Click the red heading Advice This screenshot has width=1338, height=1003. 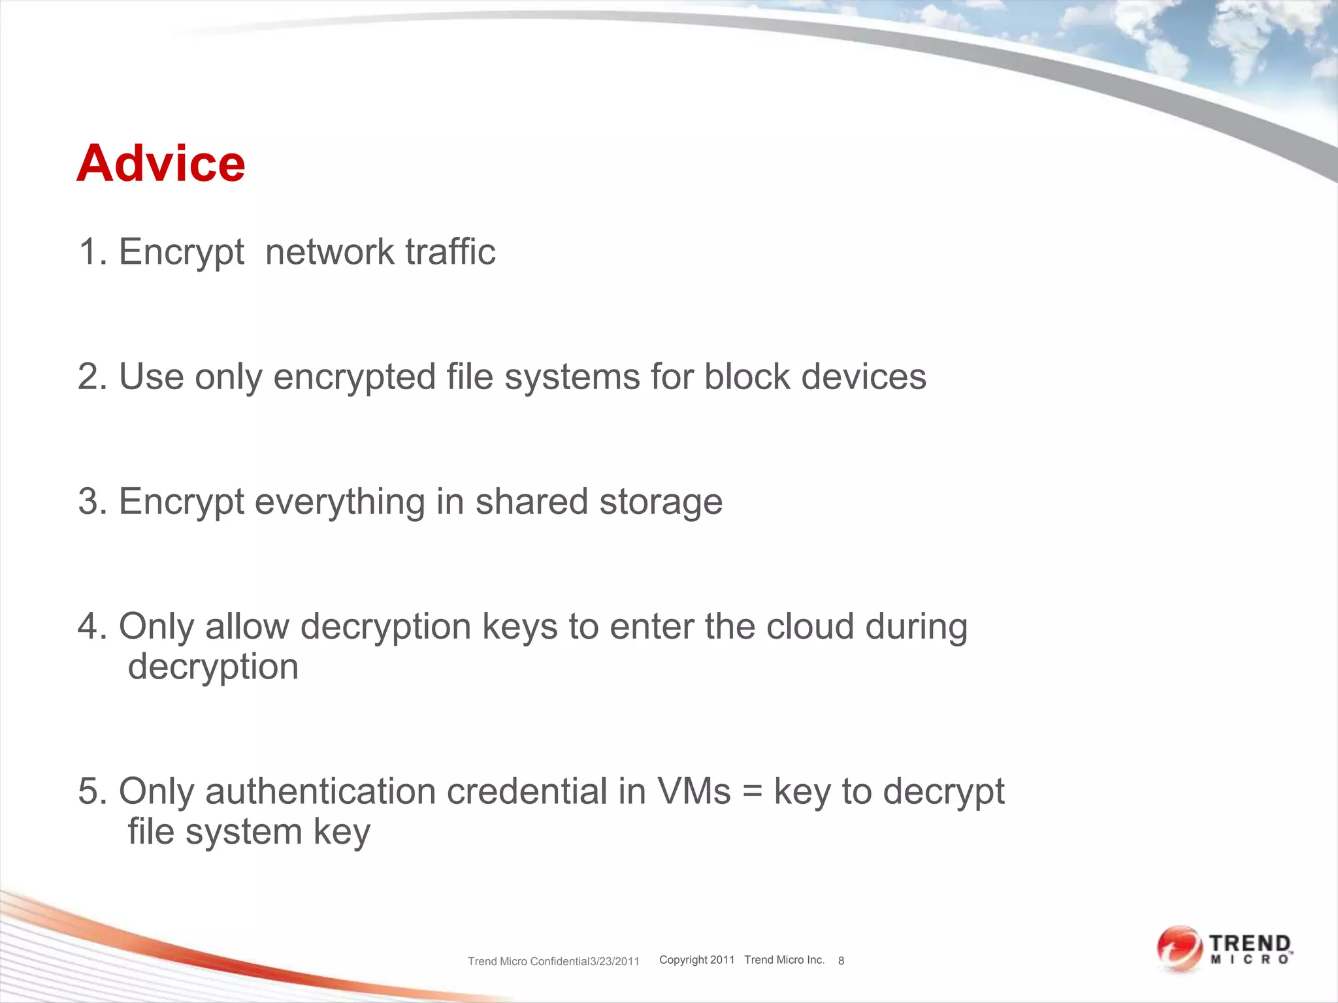coord(161,163)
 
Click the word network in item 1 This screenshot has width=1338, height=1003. coord(330,252)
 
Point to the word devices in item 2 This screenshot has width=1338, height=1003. coord(864,377)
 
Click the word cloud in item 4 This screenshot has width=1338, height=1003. coord(810,627)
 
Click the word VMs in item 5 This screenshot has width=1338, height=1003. coord(694,791)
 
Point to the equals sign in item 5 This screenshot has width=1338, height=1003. coord(753,793)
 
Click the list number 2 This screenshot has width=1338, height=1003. coord(92,377)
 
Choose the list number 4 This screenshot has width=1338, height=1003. coord(92,627)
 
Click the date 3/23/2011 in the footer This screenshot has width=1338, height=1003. coord(615,961)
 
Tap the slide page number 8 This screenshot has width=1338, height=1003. coord(841,961)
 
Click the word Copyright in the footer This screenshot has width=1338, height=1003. coord(683,960)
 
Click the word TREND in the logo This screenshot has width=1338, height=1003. coord(1250,944)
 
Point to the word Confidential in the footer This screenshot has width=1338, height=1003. coord(559,961)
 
